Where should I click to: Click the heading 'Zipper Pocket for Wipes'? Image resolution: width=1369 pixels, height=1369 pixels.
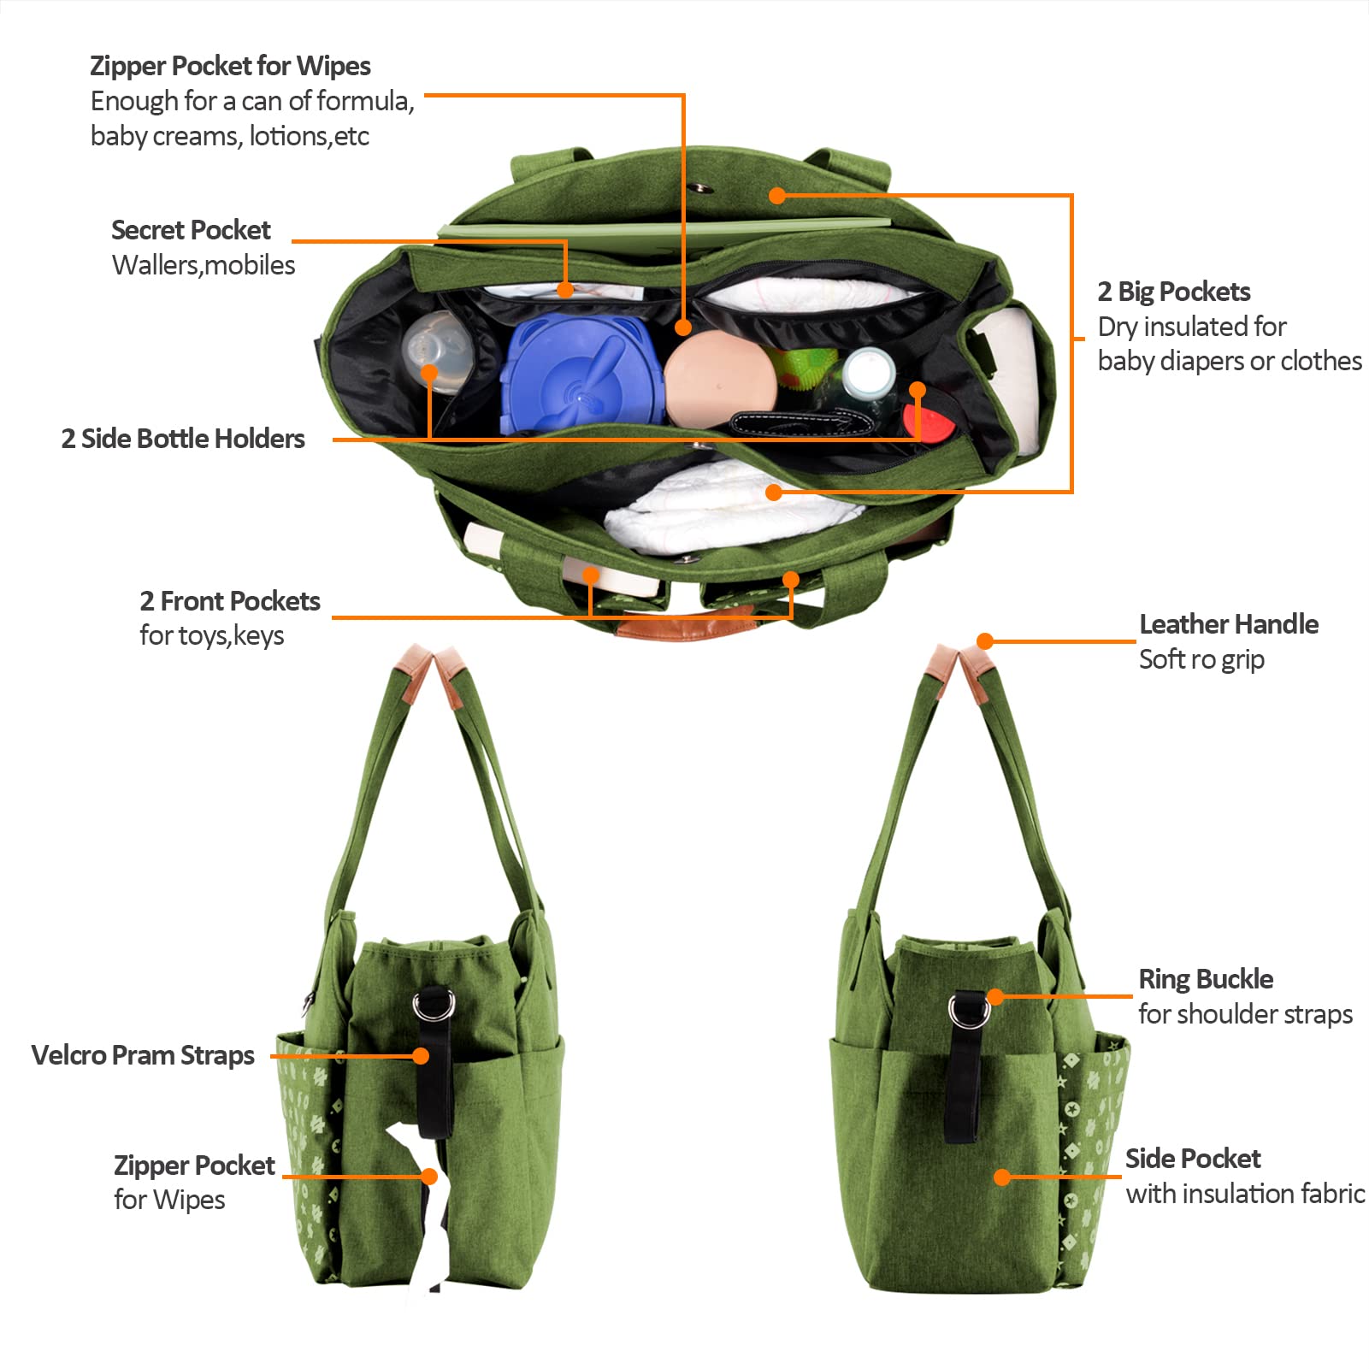point(230,66)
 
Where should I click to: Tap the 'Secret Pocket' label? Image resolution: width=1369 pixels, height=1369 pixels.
point(191,230)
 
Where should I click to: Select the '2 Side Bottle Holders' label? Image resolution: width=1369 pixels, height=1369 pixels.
point(183,439)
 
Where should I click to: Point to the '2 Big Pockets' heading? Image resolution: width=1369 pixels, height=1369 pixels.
point(1173,292)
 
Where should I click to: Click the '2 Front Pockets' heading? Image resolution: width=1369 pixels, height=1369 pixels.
point(230,601)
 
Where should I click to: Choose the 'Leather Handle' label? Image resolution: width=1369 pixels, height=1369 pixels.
point(1229,624)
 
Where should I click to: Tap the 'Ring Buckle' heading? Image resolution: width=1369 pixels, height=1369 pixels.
point(1206,979)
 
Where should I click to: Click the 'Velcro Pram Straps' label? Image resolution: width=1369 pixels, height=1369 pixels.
point(143,1055)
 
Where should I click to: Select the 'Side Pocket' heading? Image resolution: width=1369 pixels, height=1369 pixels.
point(1193,1159)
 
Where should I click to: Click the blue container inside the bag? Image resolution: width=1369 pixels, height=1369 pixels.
point(582,372)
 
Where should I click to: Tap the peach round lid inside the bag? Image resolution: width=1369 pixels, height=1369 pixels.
point(720,378)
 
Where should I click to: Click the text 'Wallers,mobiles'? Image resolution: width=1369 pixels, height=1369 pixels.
point(204,265)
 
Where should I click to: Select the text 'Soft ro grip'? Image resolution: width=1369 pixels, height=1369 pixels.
point(1201,659)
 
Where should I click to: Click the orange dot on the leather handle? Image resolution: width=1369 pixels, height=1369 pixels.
point(985,641)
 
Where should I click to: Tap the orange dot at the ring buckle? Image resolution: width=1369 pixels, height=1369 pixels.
point(995,997)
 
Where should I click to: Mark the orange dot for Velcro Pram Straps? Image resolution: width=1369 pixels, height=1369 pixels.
point(421,1056)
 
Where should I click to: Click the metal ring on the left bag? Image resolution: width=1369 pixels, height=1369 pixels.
point(434,1006)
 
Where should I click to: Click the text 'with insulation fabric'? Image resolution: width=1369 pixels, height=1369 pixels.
point(1245,1194)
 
